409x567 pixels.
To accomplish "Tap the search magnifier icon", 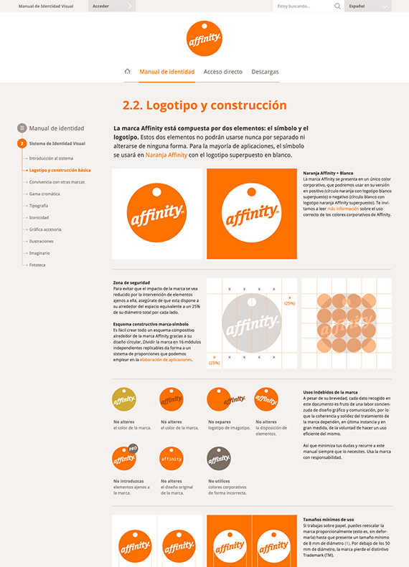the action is [x=337, y=6].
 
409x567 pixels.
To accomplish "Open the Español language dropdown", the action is [x=367, y=6].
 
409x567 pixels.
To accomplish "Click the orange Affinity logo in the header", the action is [x=204, y=37].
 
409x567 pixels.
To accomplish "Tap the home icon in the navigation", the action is [x=128, y=72].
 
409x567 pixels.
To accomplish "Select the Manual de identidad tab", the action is [x=166, y=72].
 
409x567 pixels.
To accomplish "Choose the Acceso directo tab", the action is [x=222, y=72].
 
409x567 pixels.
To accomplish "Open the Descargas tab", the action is [x=265, y=72].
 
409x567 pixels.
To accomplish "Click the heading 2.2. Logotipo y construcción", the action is [x=204, y=105].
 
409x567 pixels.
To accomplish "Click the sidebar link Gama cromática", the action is [x=45, y=194].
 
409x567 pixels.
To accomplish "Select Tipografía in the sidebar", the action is [x=40, y=206].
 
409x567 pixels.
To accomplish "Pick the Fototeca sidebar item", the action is [x=37, y=265].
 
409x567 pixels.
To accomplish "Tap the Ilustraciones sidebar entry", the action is [x=42, y=241].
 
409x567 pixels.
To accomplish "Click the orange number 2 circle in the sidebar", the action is [x=22, y=143].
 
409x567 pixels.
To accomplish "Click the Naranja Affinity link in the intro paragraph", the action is [x=166, y=155].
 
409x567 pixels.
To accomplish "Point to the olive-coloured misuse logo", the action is [x=123, y=399].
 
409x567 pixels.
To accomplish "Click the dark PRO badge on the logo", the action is [x=133, y=449].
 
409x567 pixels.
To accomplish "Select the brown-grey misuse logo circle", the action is [x=218, y=458].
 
